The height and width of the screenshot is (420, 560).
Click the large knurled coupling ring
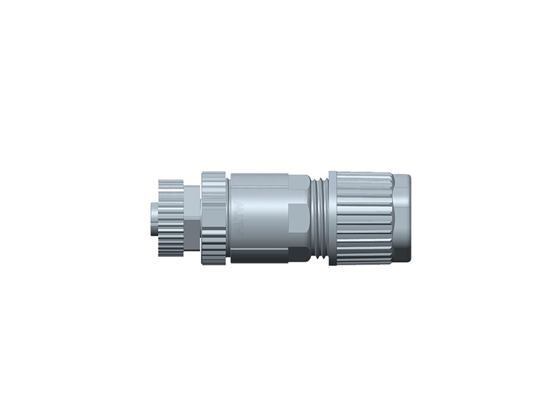(213, 218)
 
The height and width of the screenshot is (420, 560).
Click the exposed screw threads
(320, 217)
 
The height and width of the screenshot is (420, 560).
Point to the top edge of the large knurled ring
(213, 172)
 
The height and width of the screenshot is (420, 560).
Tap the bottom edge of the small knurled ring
(170, 253)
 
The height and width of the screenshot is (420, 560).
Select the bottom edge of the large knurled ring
(213, 265)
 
